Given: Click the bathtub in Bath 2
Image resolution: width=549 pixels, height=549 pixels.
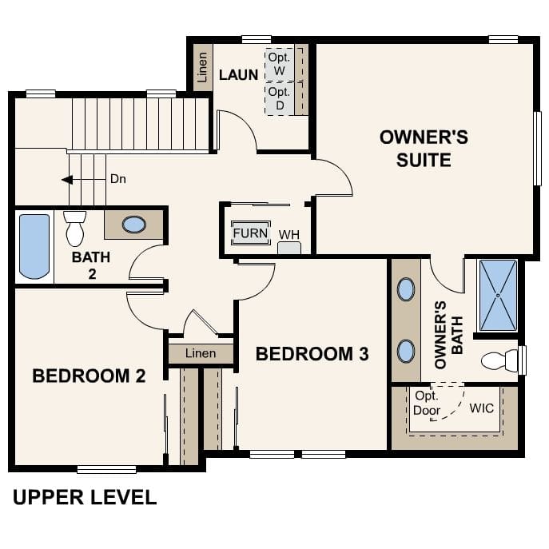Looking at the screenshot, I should pyautogui.click(x=34, y=245).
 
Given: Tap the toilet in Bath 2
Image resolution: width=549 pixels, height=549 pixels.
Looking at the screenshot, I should pyautogui.click(x=75, y=228).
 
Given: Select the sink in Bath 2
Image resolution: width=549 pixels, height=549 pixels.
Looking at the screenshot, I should pyautogui.click(x=133, y=225).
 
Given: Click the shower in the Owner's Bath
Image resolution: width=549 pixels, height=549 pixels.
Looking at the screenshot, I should pyautogui.click(x=497, y=295).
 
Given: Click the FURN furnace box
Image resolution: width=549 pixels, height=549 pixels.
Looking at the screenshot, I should pyautogui.click(x=250, y=233).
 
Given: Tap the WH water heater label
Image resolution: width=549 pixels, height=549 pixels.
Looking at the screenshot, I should pyautogui.click(x=288, y=235).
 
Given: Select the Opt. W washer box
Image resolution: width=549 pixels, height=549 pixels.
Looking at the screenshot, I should pyautogui.click(x=280, y=63).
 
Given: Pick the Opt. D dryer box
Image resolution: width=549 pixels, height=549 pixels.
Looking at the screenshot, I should pyautogui.click(x=280, y=98).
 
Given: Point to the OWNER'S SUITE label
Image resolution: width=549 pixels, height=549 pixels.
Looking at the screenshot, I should pyautogui.click(x=424, y=148).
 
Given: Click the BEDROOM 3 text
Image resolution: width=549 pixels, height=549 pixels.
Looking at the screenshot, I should pyautogui.click(x=312, y=353).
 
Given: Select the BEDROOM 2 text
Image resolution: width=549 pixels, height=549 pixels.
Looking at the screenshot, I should pyautogui.click(x=89, y=376).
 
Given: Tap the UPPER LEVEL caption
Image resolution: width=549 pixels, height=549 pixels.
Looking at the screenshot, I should pyautogui.click(x=85, y=498).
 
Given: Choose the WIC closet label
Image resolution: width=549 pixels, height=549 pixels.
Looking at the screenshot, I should pyautogui.click(x=481, y=408).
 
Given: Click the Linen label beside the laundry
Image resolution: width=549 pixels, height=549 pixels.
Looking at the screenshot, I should pyautogui.click(x=202, y=67).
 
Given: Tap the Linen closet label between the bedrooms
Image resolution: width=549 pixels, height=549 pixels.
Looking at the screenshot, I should pyautogui.click(x=200, y=352).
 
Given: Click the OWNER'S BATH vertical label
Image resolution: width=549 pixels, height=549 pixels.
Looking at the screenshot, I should pyautogui.click(x=447, y=334).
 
